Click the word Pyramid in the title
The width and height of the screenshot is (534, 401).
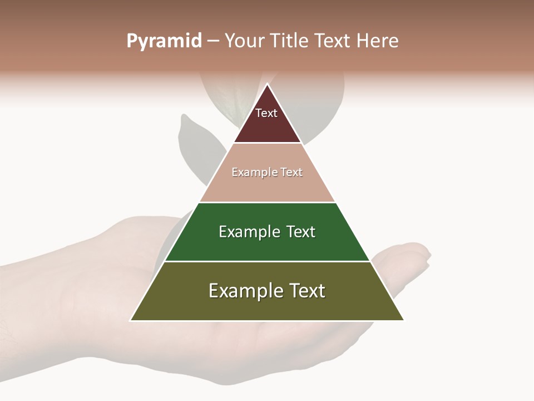pos(164,41)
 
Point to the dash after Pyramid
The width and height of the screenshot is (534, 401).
pos(213,41)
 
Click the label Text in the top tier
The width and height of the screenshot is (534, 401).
pos(266,114)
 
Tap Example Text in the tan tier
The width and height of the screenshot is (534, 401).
pos(267,173)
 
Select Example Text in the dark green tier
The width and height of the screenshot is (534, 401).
pos(267,232)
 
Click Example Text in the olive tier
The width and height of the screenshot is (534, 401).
pos(267,291)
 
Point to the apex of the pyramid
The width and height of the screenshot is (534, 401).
pos(268,84)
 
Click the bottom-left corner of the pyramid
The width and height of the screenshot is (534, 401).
pos(131,320)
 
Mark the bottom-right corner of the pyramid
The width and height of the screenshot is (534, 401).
pos(404,320)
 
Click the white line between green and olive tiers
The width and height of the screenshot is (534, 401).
pos(267,261)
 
